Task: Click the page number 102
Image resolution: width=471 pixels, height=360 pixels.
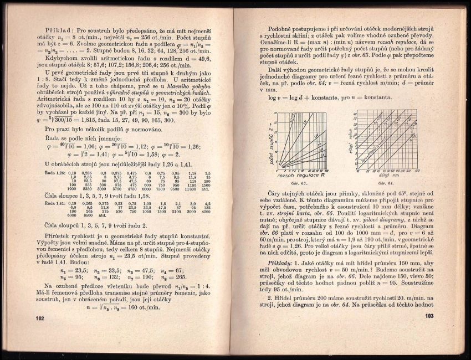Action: coord(39,318)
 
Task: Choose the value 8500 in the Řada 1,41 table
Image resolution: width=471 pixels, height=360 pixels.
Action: coord(88,215)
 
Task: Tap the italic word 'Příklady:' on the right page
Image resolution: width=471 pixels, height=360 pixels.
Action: coord(280,264)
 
